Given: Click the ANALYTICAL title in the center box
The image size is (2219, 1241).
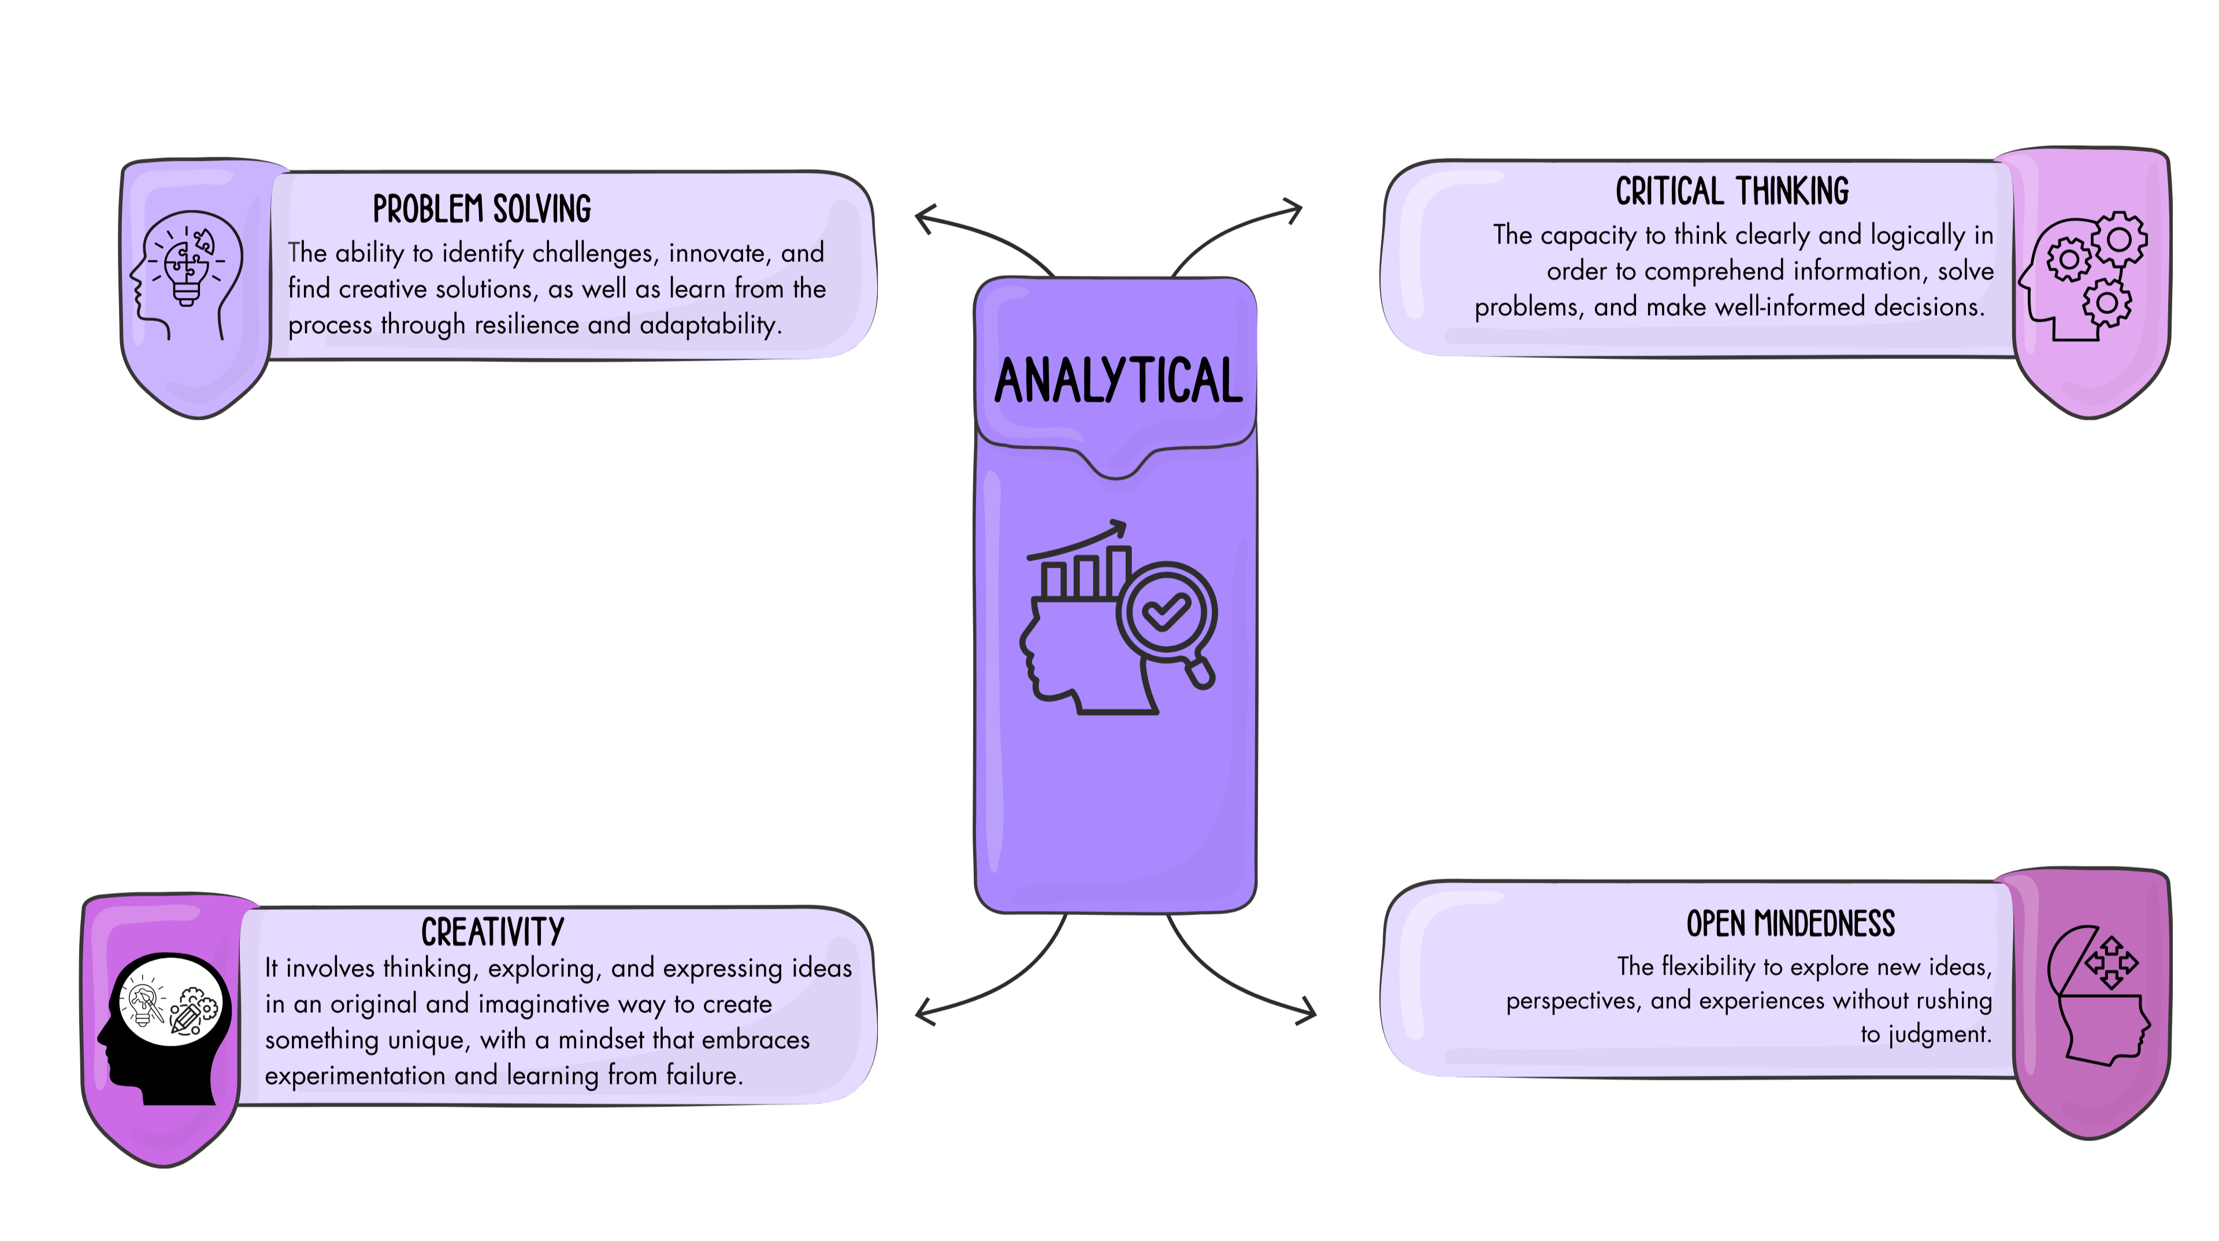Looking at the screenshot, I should pyautogui.click(x=1117, y=381).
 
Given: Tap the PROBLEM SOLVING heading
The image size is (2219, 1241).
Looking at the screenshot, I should pyautogui.click(x=481, y=209).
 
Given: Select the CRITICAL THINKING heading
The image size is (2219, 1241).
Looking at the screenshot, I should pyautogui.click(x=1731, y=191).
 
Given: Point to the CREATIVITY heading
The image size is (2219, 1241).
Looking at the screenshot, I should pyautogui.click(x=493, y=932).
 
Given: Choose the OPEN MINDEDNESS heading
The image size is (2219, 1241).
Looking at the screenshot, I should pyautogui.click(x=1790, y=924).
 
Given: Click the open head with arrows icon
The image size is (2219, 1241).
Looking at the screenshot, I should pyautogui.click(x=2098, y=995).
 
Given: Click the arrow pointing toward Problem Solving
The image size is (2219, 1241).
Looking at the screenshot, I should pyautogui.click(x=925, y=219).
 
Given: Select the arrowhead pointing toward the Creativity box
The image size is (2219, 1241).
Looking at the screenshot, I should pyautogui.click(x=925, y=1011).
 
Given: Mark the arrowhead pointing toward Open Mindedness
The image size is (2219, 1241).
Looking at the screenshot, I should pyautogui.click(x=1306, y=1011).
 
